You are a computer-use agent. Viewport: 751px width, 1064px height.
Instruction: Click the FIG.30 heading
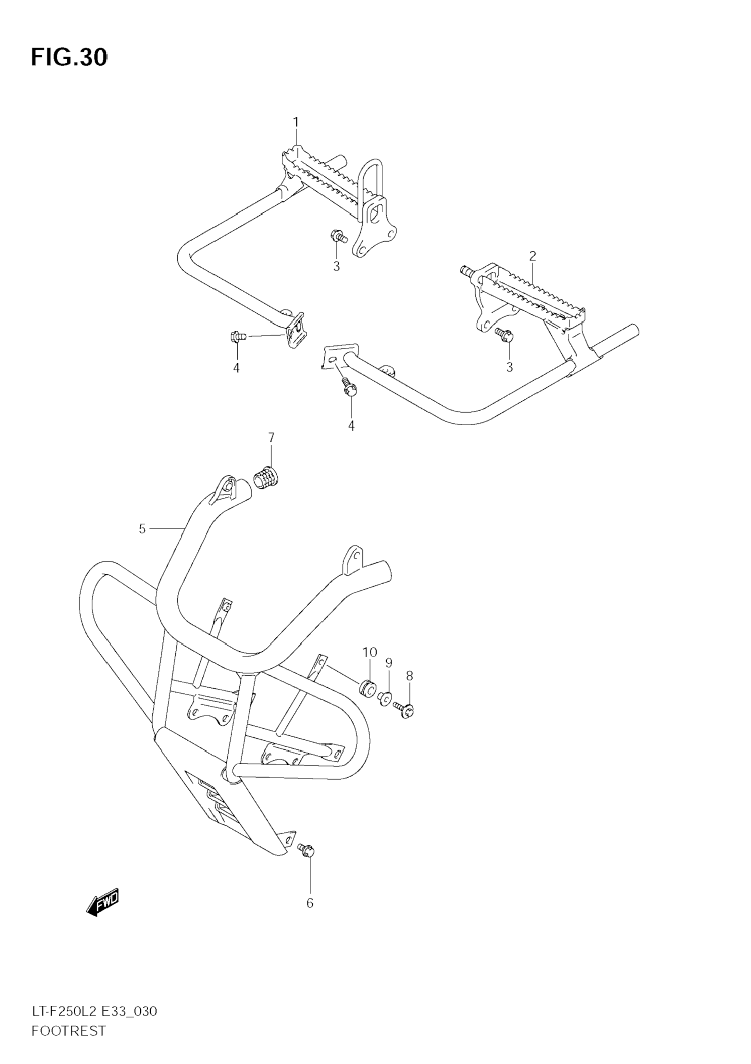tap(69, 58)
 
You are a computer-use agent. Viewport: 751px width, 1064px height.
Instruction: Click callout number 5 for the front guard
tap(142, 528)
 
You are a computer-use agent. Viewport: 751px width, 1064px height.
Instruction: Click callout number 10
tap(370, 652)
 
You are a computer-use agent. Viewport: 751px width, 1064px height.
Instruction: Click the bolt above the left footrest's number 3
tap(338, 237)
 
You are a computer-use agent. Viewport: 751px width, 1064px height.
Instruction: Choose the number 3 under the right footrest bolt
tap(510, 367)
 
